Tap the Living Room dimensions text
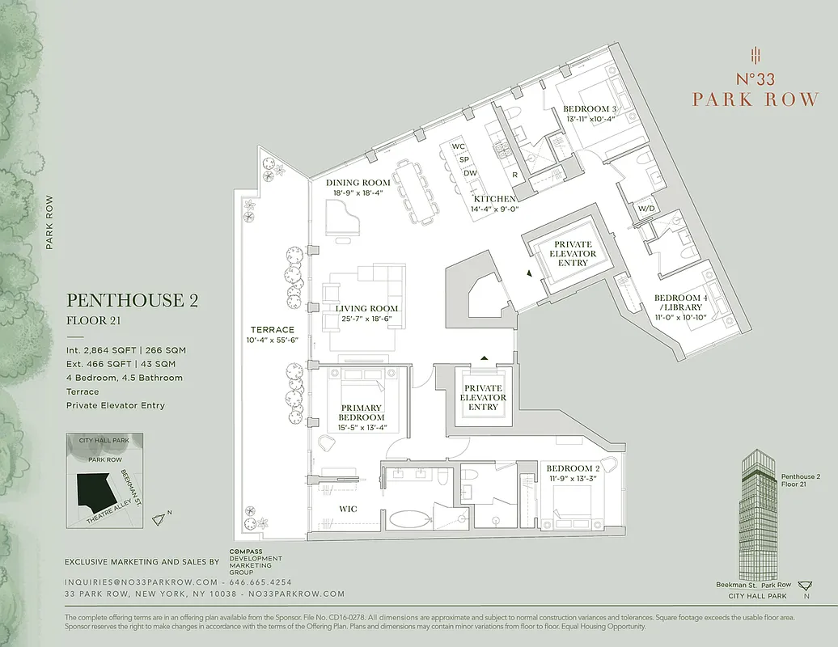(367, 320)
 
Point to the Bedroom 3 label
(590, 109)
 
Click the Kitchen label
(494, 199)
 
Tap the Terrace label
(272, 330)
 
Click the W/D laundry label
(646, 208)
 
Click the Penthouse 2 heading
(133, 301)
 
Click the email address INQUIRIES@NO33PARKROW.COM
(142, 582)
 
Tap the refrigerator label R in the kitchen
(514, 174)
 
